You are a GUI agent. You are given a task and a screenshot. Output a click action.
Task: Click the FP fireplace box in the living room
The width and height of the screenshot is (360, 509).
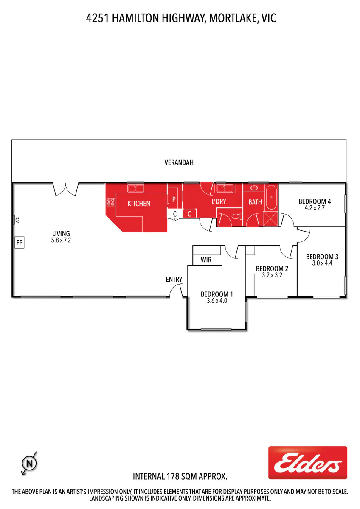click(x=20, y=242)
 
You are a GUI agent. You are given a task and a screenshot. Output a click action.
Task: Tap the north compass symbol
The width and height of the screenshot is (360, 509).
click(x=29, y=463)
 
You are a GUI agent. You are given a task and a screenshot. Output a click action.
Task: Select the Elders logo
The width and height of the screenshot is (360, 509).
click(x=307, y=463)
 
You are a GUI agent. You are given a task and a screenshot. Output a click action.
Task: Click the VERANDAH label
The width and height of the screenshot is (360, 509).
click(x=179, y=162)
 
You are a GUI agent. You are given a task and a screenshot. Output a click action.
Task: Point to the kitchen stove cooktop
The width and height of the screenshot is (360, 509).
click(x=111, y=202)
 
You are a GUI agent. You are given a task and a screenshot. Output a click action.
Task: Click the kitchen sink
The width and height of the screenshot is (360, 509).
click(x=135, y=188)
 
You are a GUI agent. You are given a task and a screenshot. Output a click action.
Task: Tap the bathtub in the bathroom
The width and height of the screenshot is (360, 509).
click(x=271, y=197)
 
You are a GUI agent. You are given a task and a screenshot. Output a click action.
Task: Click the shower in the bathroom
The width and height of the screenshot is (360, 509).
click(x=270, y=218)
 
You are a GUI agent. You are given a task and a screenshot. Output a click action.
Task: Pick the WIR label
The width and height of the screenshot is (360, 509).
click(x=206, y=260)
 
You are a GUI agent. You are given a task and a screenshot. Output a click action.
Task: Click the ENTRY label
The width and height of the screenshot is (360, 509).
click(x=174, y=279)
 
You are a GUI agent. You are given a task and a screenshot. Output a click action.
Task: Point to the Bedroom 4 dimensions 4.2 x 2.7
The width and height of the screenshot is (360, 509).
click(x=315, y=208)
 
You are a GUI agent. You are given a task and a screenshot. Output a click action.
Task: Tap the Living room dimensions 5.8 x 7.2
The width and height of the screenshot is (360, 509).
click(x=61, y=240)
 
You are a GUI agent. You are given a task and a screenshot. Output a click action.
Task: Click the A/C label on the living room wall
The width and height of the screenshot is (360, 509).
click(x=17, y=220)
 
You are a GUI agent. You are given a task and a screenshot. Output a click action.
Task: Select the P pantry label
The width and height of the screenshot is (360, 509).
click(x=174, y=199)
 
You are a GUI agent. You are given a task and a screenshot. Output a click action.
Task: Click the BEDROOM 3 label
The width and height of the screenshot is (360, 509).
click(x=322, y=257)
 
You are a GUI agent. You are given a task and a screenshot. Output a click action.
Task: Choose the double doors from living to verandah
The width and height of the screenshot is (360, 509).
click(x=65, y=189)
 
